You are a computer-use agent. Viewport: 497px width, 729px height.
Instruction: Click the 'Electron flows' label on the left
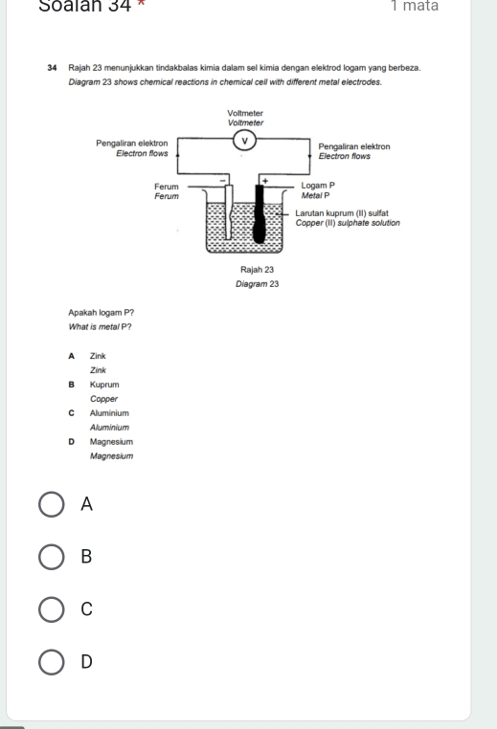(142, 152)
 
